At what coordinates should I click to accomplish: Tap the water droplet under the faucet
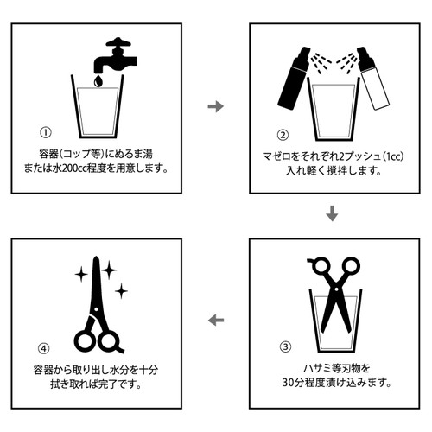(98, 81)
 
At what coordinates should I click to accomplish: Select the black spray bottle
(293, 78)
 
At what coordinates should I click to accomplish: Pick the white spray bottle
(373, 78)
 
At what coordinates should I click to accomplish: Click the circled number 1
(45, 132)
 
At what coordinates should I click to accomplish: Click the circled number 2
(283, 135)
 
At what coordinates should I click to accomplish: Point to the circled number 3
(286, 346)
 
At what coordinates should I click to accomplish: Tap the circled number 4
(44, 348)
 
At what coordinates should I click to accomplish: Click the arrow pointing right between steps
(216, 106)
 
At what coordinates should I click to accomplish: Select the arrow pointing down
(332, 213)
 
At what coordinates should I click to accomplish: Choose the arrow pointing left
(216, 320)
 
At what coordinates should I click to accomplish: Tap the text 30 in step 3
(288, 383)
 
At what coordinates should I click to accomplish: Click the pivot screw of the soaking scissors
(336, 289)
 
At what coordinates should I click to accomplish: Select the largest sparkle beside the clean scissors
(109, 270)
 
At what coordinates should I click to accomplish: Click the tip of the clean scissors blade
(96, 257)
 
